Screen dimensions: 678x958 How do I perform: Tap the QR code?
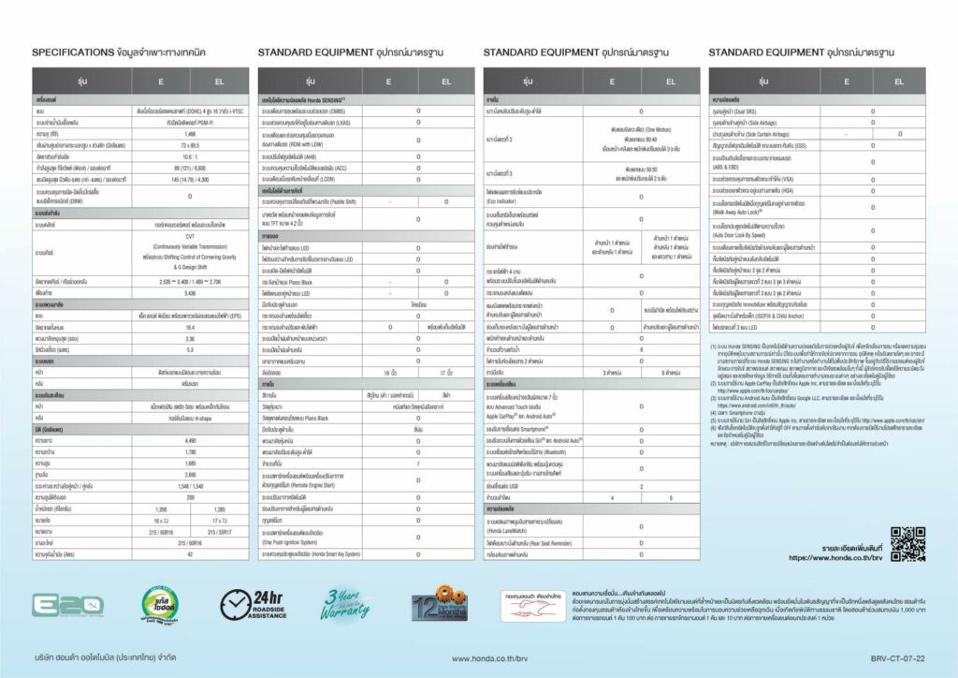click(907, 543)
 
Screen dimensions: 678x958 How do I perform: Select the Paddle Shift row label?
click(309, 201)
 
